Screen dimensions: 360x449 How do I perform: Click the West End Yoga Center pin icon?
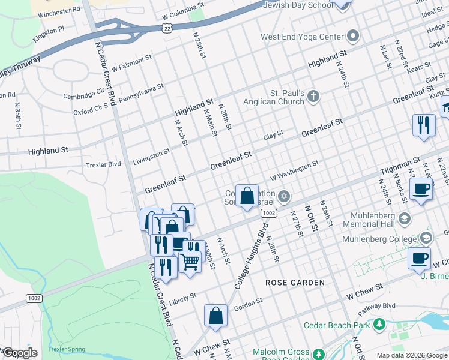pos(352,36)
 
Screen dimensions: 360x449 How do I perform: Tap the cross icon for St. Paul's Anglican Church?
pos(314,96)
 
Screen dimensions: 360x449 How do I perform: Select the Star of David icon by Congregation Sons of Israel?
pos(284,196)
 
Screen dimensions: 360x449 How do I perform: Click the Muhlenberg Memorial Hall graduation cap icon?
pos(404,218)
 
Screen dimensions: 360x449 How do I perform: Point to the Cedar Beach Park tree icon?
pos(379,325)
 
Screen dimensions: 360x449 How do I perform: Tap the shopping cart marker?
pos(190,261)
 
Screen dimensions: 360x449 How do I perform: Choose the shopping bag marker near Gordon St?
pos(215,316)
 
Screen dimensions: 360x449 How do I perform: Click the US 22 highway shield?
pos(167,28)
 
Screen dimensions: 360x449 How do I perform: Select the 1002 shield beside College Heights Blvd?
pos(268,214)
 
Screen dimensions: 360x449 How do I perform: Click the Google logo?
pos(20,353)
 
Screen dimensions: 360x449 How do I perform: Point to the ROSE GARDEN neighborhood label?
pos(296,282)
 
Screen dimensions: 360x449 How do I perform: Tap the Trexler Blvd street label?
pos(103,164)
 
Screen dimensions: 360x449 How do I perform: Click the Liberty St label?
pos(182,298)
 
